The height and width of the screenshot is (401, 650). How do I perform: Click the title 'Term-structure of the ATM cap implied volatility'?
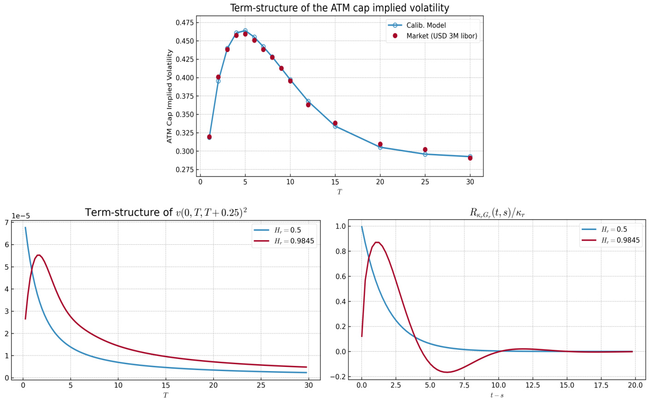tap(339, 8)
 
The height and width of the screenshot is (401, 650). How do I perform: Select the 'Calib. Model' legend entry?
tap(426, 25)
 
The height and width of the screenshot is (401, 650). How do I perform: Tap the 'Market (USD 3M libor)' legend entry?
tap(441, 36)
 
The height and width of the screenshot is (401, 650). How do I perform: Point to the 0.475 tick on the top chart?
tap(184, 23)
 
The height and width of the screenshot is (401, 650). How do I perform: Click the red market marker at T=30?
tap(470, 158)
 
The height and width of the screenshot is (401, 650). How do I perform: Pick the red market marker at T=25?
tap(425, 150)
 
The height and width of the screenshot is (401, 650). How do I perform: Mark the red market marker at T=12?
tap(308, 105)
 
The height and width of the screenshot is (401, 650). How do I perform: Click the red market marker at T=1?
tap(209, 137)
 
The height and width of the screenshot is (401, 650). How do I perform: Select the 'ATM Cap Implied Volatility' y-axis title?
tap(170, 96)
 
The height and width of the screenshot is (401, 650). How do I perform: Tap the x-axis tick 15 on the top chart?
tap(335, 182)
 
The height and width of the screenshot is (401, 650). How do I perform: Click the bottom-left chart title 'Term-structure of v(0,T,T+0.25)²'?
tap(166, 212)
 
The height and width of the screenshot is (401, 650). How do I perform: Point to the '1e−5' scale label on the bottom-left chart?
tap(21, 216)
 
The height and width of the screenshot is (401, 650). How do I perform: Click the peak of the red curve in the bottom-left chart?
tap(39, 255)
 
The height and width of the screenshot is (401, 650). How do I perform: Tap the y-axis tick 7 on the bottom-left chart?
tap(6, 223)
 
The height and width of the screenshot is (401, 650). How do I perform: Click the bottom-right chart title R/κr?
tap(497, 213)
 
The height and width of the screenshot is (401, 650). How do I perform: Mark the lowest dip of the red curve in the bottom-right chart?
tap(446, 372)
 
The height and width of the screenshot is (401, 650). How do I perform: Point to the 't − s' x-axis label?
tap(497, 395)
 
